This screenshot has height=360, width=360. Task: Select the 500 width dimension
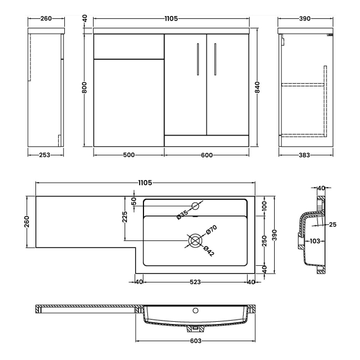tap(129, 155)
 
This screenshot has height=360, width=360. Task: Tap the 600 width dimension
tap(207, 155)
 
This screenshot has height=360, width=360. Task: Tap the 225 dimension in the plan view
tap(125, 218)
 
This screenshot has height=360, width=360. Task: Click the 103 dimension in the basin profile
tap(315, 241)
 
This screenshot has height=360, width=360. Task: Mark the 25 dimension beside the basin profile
tap(332, 224)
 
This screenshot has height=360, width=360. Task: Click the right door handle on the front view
tap(214, 58)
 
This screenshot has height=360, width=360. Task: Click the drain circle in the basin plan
tap(194, 241)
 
